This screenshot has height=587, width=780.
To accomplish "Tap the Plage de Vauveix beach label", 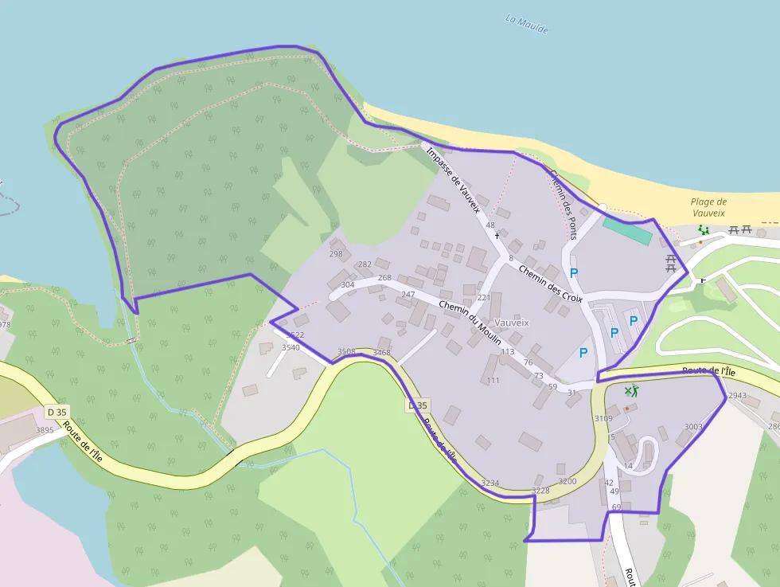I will [x=708, y=207].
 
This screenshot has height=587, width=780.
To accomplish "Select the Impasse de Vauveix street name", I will [x=453, y=180].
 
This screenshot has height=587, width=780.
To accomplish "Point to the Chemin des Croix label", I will [x=550, y=284].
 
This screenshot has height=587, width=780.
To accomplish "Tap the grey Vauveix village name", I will [x=512, y=323].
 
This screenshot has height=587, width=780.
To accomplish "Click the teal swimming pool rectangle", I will [x=627, y=231].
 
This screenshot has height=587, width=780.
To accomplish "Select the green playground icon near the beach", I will [x=703, y=230].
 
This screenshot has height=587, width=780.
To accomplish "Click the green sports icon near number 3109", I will [x=631, y=390].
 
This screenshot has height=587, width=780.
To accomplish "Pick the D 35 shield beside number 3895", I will [x=57, y=412].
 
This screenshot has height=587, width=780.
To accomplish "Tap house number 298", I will [x=336, y=254].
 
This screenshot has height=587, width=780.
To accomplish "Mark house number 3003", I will [x=693, y=427].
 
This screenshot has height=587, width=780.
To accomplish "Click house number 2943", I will [x=737, y=395].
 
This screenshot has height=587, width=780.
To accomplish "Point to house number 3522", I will [x=295, y=335].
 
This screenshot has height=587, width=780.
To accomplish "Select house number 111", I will [x=493, y=380].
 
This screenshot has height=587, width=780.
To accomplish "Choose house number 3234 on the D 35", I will [x=490, y=483].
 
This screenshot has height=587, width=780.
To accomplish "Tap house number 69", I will [x=616, y=507].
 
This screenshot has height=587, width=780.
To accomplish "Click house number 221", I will [x=483, y=297].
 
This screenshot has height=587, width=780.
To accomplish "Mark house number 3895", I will [x=45, y=430].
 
